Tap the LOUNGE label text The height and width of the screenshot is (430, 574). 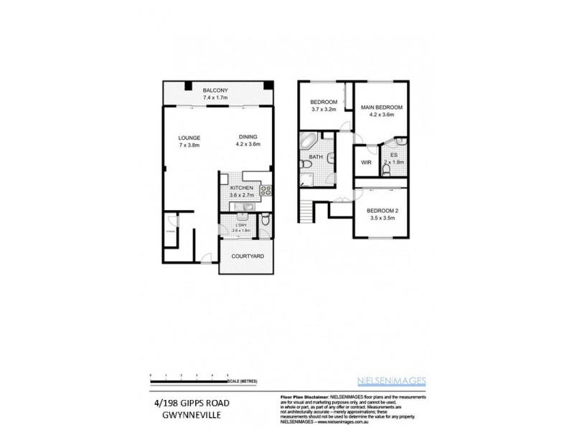pos(189,138)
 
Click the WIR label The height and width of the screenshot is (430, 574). pos(365,163)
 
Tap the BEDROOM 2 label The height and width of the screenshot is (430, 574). pos(382,210)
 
